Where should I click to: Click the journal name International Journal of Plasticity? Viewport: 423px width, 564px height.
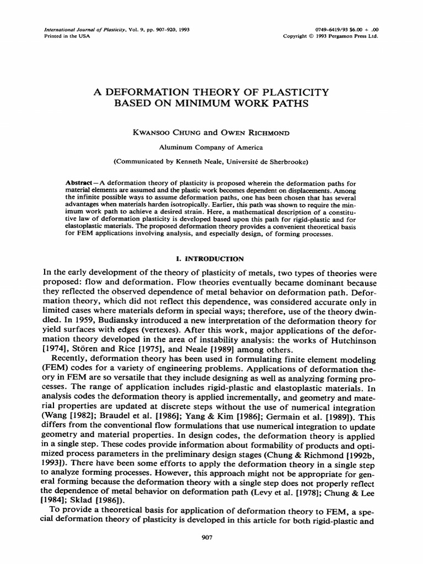click(x=82, y=30)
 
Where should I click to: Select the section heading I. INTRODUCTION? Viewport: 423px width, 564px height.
click(x=211, y=258)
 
